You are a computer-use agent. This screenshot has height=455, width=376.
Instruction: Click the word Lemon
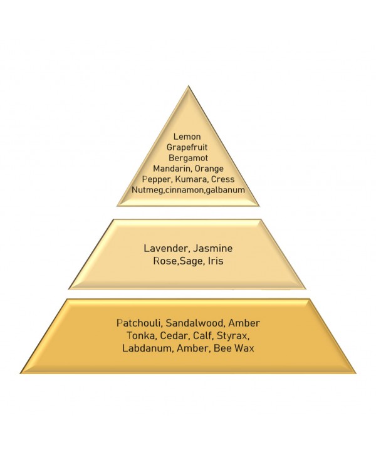click(187, 137)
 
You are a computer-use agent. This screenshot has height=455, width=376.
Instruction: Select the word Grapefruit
click(187, 147)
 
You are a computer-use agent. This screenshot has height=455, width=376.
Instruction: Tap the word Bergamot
click(188, 158)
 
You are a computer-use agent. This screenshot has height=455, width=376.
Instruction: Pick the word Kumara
click(192, 179)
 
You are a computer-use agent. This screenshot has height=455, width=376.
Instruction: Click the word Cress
click(223, 179)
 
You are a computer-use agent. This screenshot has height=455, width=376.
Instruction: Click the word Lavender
click(167, 248)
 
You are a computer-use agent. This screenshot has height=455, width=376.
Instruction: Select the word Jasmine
click(213, 248)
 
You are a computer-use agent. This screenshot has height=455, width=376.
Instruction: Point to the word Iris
click(216, 261)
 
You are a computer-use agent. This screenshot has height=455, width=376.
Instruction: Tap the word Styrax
click(233, 336)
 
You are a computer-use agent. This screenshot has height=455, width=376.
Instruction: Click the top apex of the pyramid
click(188, 86)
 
